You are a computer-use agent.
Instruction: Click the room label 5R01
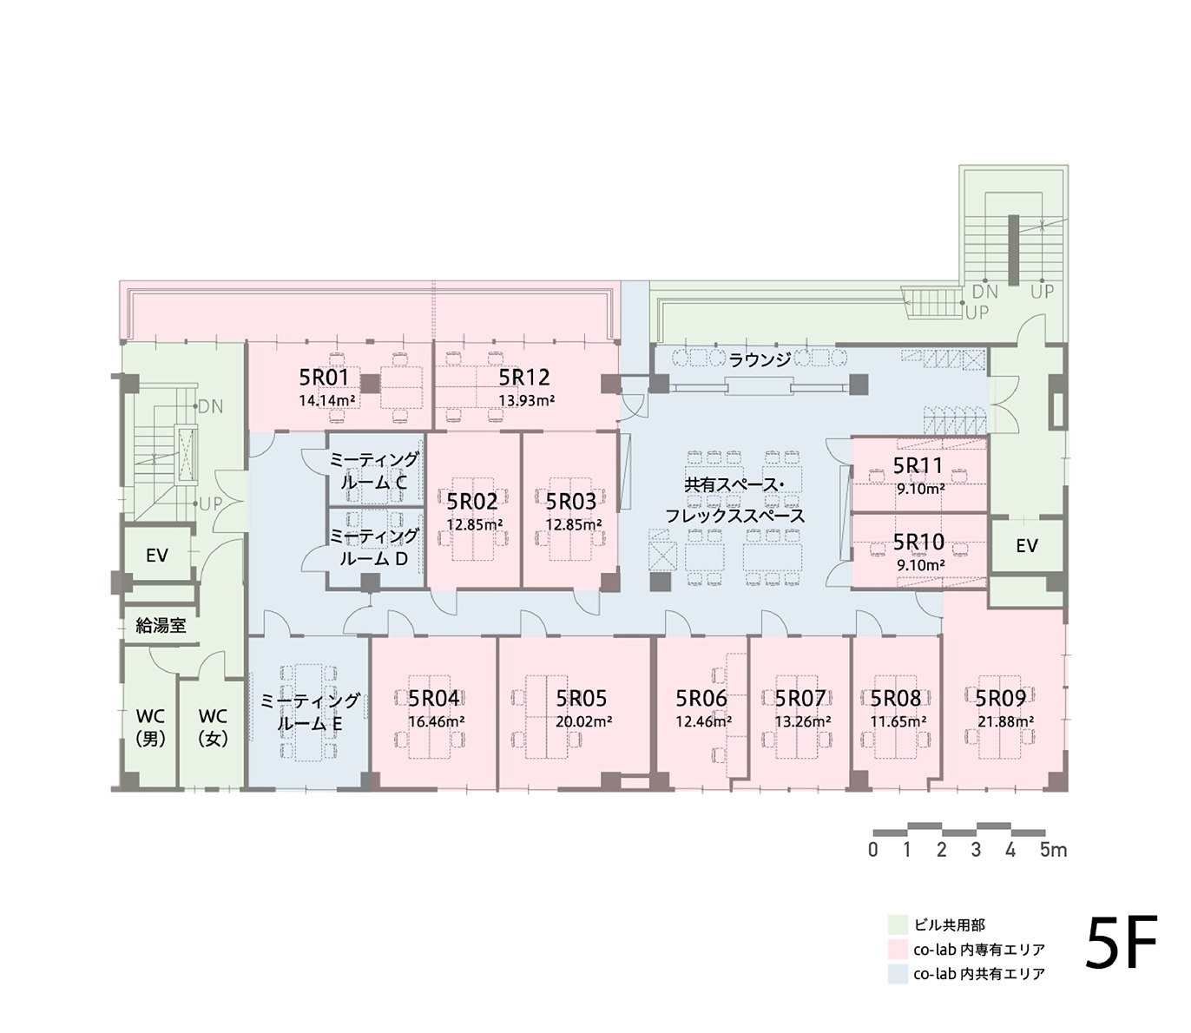[324, 378]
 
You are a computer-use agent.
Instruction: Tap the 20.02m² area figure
[583, 721]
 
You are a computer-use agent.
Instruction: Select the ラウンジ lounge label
[760, 360]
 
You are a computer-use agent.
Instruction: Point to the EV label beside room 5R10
[1027, 545]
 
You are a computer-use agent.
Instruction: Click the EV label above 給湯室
[157, 556]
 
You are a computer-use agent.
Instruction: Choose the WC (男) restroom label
[150, 727]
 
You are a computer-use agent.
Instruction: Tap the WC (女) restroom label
[213, 727]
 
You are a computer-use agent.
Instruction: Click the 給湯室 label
[161, 626]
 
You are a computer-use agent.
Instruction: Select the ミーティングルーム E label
[310, 712]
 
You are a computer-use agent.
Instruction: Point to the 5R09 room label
[1000, 698]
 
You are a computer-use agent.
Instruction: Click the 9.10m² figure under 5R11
[920, 489]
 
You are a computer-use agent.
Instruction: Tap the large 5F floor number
[1121, 951]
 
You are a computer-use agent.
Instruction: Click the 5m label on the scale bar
[1053, 850]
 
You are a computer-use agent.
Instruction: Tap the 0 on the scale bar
[872, 850]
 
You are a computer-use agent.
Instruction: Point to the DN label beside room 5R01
[211, 407]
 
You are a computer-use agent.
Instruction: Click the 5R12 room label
[524, 378]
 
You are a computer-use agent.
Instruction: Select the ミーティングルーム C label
[374, 470]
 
